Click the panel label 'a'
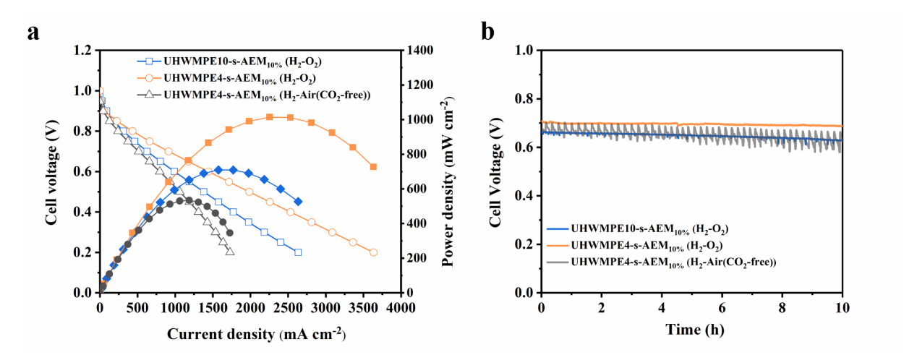pos(33,32)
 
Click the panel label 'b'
pos(488,32)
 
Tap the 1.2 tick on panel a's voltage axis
pos(85,50)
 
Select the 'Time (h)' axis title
pos(691,330)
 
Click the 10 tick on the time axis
pos(843,307)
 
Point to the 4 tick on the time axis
pos(662,307)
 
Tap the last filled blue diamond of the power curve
pos(298,202)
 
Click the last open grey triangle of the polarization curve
pos(230,252)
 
